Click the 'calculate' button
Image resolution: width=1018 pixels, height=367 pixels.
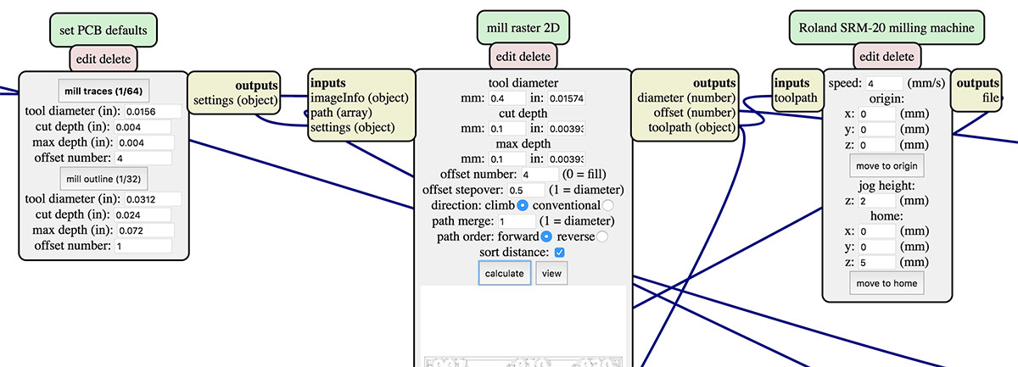point(505,274)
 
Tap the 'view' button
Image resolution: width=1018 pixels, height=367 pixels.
point(551,274)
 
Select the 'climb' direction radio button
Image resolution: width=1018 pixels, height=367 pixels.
point(523,205)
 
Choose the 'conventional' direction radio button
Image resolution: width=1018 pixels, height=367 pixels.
point(608,205)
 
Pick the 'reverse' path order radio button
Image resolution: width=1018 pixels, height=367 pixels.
point(602,236)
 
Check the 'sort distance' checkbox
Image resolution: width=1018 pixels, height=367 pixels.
point(559,253)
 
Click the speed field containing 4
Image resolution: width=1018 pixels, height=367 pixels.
point(884,84)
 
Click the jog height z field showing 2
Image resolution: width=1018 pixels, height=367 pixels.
point(876,201)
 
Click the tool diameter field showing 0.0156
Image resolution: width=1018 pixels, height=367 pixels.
point(152,111)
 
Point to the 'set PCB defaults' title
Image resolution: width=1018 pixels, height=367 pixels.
point(103,31)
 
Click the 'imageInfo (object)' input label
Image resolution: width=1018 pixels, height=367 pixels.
point(360,97)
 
